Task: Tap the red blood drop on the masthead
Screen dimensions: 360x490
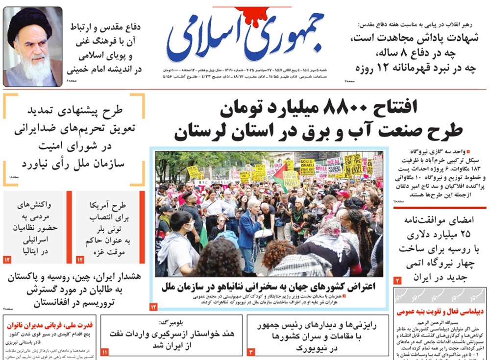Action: (x=244, y=15)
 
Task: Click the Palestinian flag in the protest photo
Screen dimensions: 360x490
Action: (x=280, y=175)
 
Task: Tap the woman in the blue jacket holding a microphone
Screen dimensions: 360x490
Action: (x=251, y=230)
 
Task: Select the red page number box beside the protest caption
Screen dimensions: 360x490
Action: (x=153, y=307)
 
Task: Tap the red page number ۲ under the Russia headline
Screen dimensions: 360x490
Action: (x=398, y=281)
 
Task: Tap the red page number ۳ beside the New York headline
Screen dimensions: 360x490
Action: (x=250, y=352)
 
